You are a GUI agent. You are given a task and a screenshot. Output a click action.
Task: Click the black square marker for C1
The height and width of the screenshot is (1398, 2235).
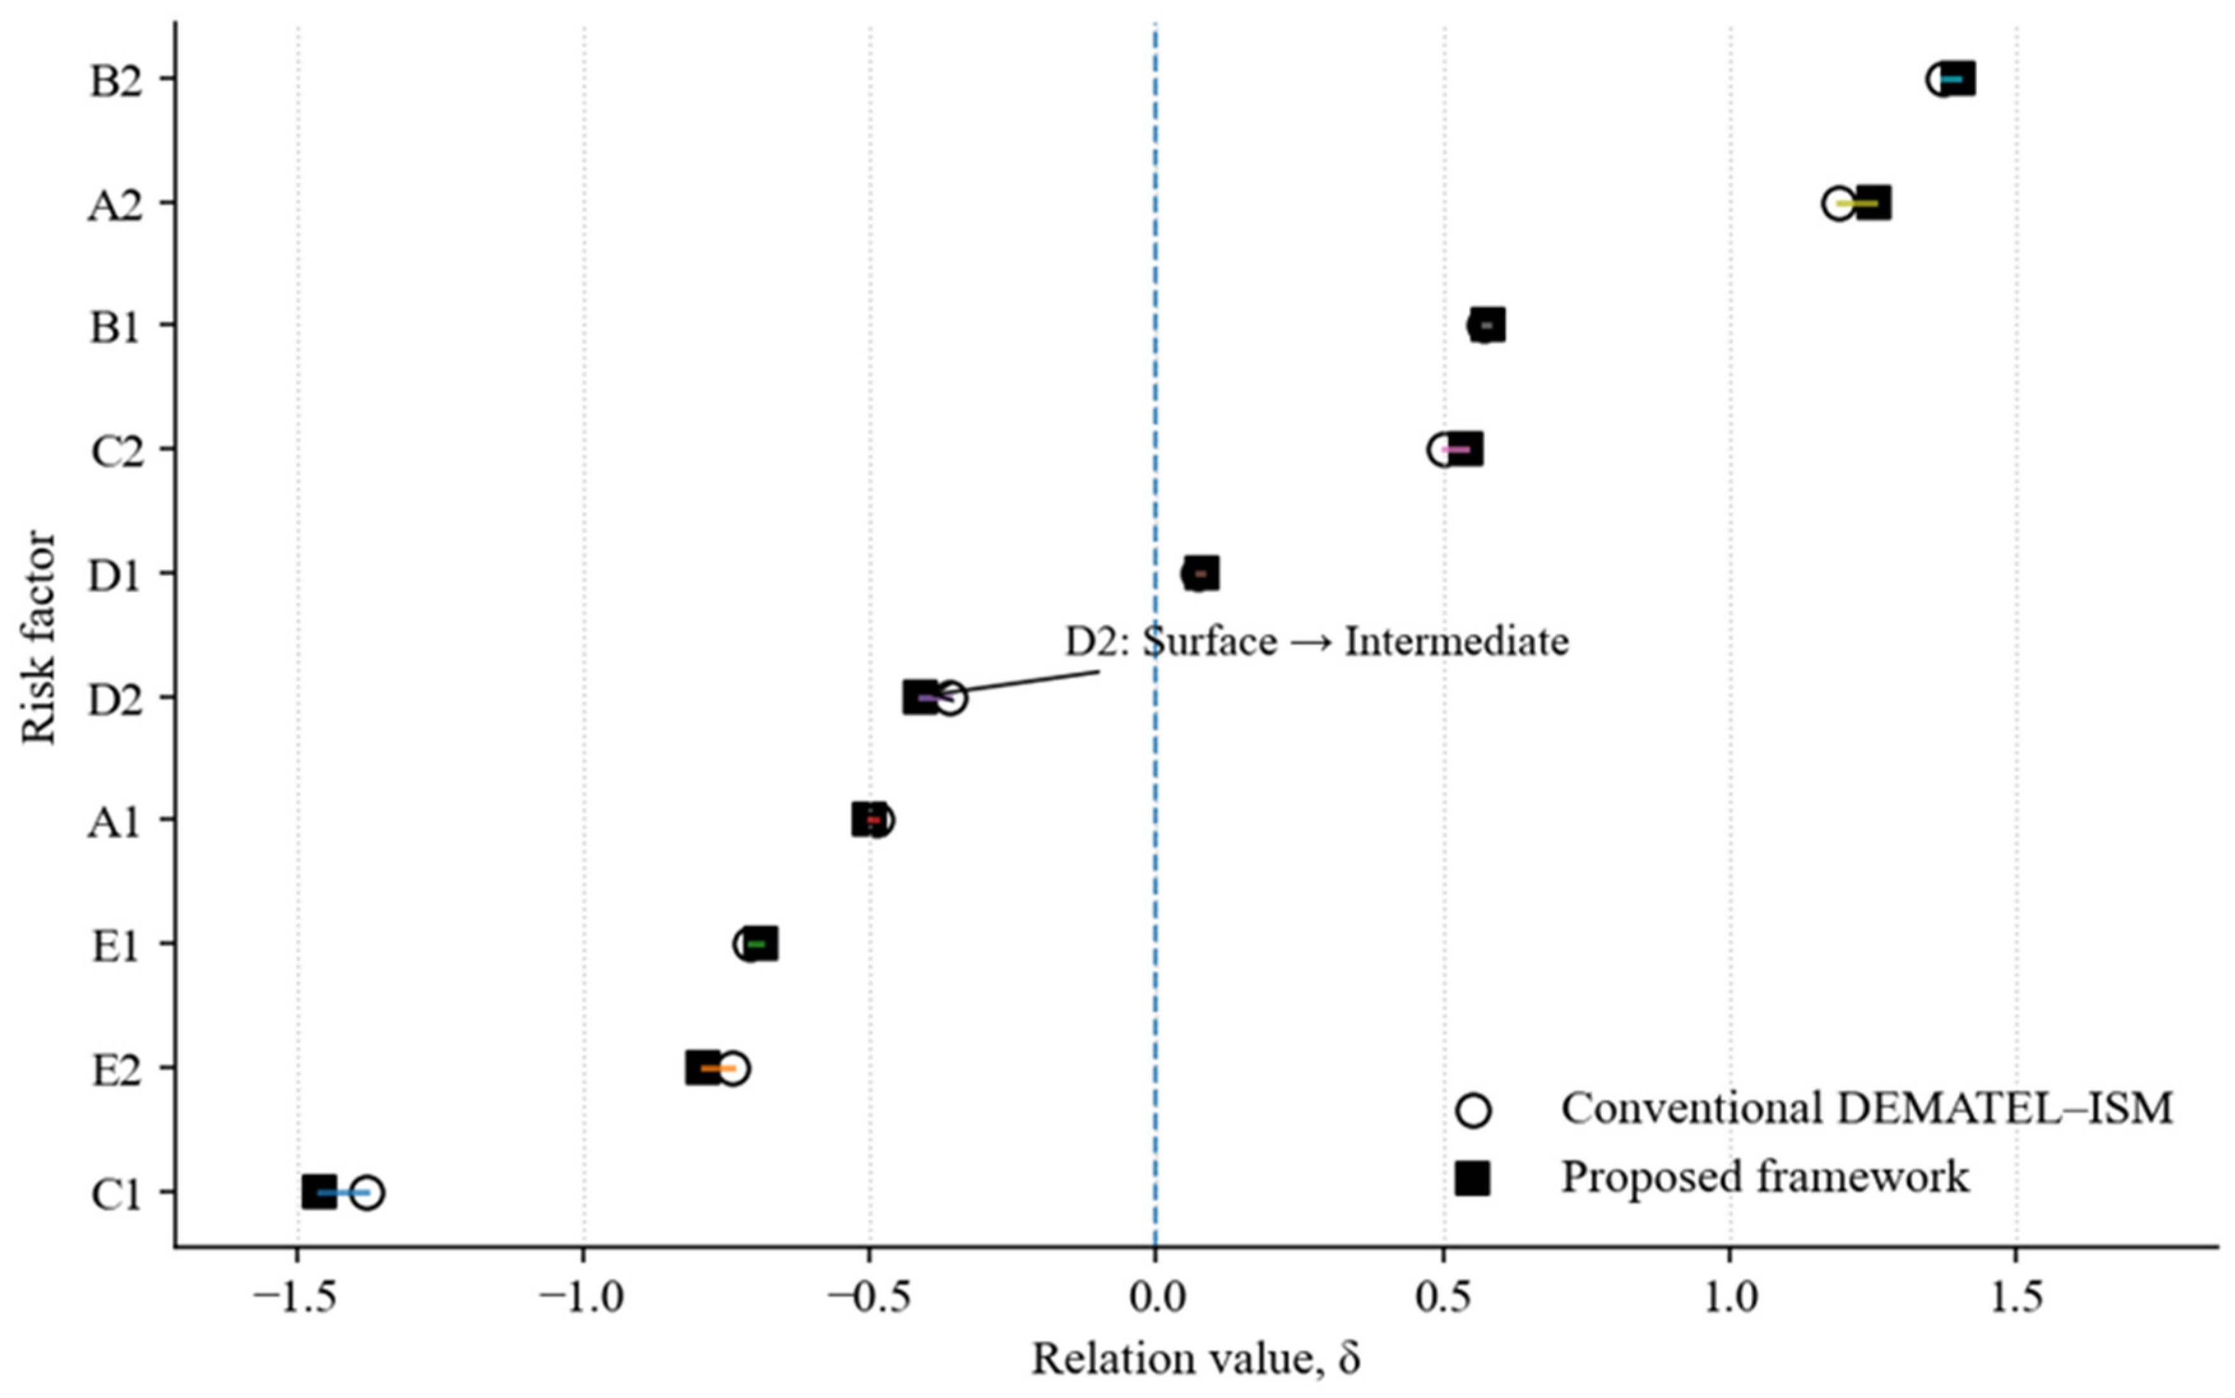point(319,1193)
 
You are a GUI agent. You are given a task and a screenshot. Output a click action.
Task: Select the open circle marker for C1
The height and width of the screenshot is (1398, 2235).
point(367,1193)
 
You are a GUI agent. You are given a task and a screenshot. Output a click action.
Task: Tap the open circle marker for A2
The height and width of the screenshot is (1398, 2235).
point(1838,203)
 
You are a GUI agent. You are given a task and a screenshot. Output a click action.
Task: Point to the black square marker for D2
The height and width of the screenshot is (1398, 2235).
point(921,697)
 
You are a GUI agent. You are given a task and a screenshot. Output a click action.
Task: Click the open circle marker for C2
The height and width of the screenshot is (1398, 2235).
point(1444,450)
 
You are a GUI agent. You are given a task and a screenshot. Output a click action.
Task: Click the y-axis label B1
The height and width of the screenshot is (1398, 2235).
point(115,327)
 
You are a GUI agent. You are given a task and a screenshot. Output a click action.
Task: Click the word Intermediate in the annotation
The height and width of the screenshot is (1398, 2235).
point(1457,642)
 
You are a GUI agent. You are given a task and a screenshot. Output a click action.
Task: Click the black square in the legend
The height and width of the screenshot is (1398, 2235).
point(1473,1178)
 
